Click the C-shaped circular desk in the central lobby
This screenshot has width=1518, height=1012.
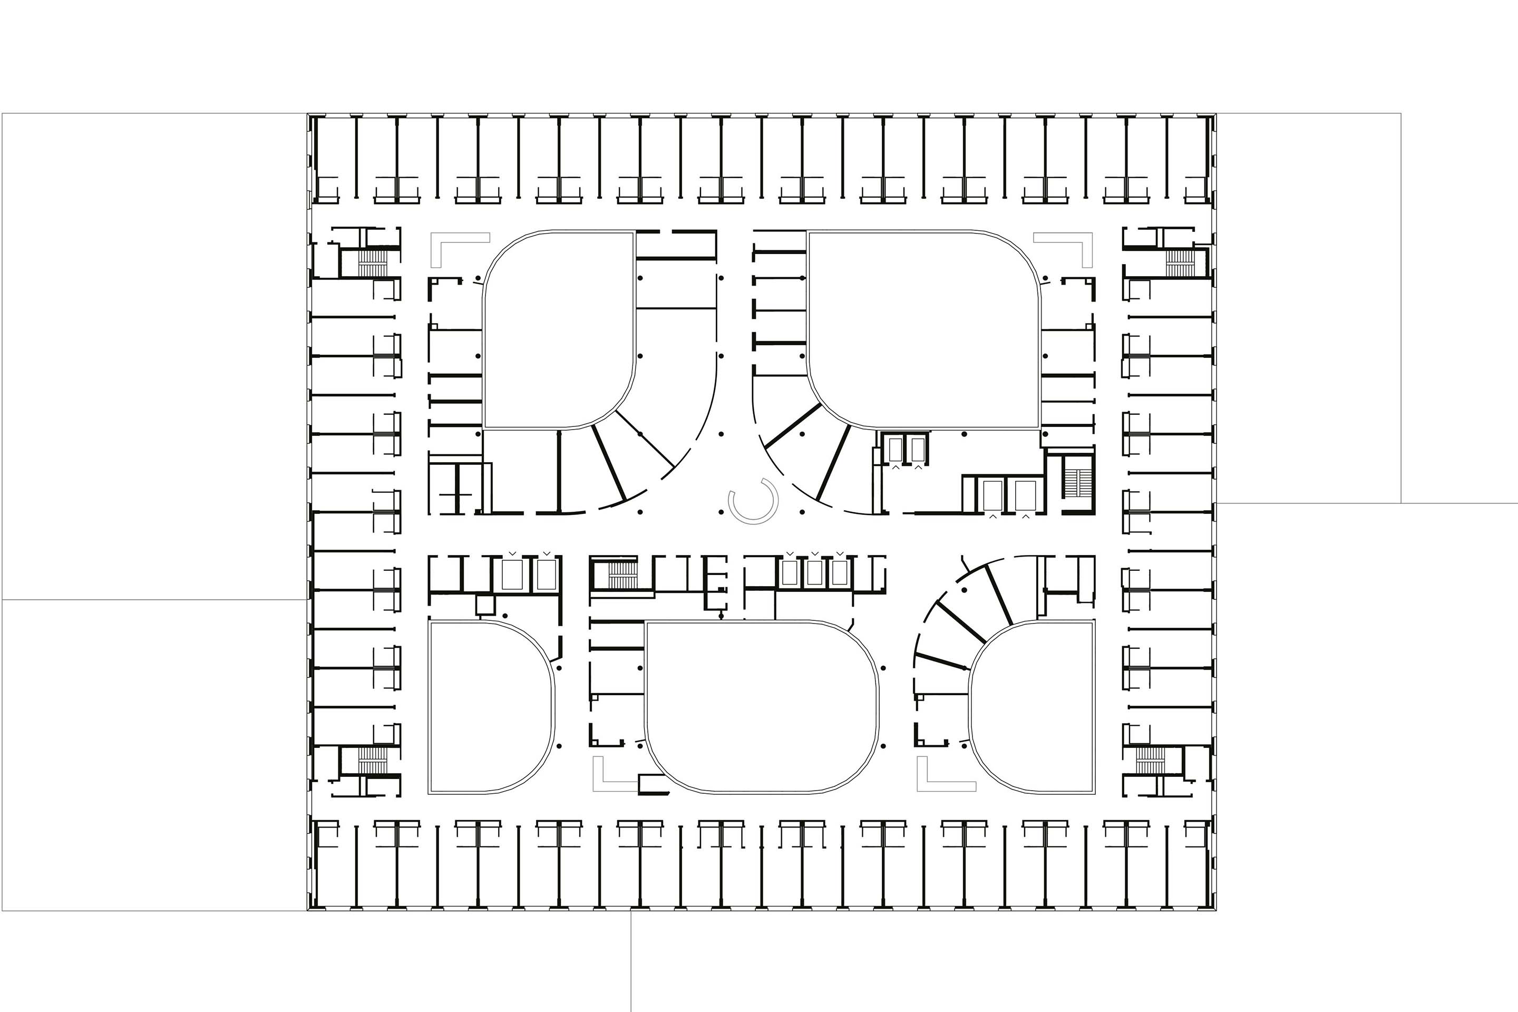pos(753,501)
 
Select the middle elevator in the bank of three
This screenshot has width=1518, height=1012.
pos(814,573)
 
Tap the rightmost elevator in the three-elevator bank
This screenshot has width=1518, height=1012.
pos(839,573)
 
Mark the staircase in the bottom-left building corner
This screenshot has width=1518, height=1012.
pos(372,760)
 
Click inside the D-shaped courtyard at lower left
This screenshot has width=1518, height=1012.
pos(484,707)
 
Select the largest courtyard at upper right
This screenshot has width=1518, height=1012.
pos(923,329)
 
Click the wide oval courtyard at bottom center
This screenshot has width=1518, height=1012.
pos(762,707)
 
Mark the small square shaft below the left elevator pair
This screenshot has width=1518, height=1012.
pos(484,605)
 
